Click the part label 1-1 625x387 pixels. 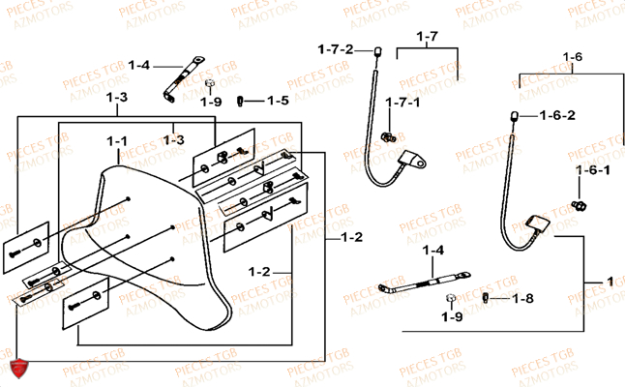(x=118, y=141)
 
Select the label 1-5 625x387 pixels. (x=278, y=101)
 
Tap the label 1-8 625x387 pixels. (x=521, y=299)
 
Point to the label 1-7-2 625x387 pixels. (x=337, y=48)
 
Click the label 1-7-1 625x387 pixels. (x=402, y=103)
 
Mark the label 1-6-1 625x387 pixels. (x=593, y=170)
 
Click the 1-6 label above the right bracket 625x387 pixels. (x=572, y=58)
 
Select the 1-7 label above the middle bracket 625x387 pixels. (x=427, y=37)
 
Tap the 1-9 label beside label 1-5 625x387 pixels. (x=211, y=101)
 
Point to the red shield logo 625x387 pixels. (x=16, y=368)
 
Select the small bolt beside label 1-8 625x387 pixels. (x=490, y=298)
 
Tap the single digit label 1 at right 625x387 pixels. (x=609, y=281)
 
